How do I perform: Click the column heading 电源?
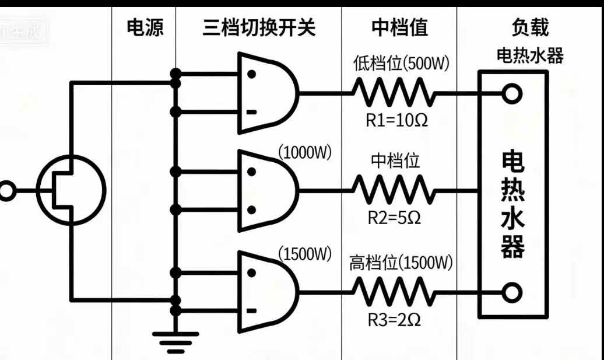[x=145, y=27]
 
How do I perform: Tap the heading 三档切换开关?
[x=259, y=27]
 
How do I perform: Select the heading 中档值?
[x=399, y=27]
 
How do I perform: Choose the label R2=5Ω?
[x=394, y=218]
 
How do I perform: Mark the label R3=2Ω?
[x=394, y=319]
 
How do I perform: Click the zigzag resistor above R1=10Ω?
[x=394, y=93]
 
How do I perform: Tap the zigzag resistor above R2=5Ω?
[x=394, y=190]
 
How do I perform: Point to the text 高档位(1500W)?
[x=401, y=263]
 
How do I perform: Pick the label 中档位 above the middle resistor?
[x=395, y=160]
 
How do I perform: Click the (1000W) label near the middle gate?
[x=305, y=153]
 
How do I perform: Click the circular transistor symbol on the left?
[x=71, y=190]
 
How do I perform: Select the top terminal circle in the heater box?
[x=511, y=93]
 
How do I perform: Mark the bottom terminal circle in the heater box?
[x=511, y=291]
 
